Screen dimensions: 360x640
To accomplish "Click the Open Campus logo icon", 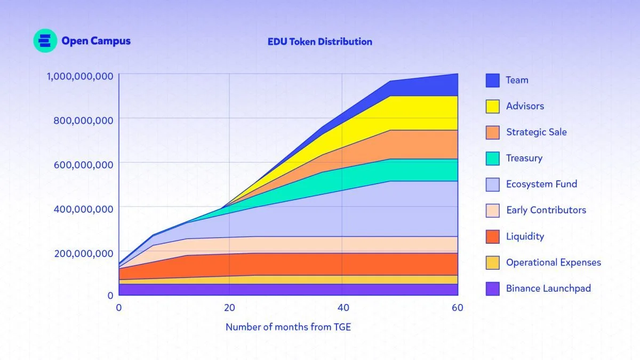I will [x=45, y=41].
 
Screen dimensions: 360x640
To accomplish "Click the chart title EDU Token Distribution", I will [x=320, y=42].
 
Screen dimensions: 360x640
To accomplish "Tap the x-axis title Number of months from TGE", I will [x=288, y=327].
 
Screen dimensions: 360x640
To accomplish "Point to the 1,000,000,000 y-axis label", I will [x=80, y=76].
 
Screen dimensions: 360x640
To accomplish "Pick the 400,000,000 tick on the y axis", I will [x=83, y=209].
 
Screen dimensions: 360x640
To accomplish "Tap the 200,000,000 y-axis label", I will [x=83, y=253].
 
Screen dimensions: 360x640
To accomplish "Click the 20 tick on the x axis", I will [x=229, y=308].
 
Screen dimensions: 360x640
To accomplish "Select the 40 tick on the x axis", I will [x=343, y=308].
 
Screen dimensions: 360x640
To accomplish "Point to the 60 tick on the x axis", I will [x=457, y=308].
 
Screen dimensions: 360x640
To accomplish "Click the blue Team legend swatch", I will [x=492, y=81].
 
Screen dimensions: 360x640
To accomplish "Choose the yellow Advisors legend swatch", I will [x=492, y=107].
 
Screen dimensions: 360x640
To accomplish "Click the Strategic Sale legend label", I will [x=536, y=132].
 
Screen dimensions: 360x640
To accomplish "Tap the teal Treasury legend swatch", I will [x=492, y=158].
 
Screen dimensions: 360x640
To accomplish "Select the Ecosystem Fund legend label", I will [x=541, y=184].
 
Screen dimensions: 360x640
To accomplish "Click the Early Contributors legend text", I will [x=546, y=210].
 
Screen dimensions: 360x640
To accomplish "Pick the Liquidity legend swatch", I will [x=492, y=237].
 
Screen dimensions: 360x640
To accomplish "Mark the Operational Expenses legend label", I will [x=553, y=262].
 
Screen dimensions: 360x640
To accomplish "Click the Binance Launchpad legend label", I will [x=548, y=289].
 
